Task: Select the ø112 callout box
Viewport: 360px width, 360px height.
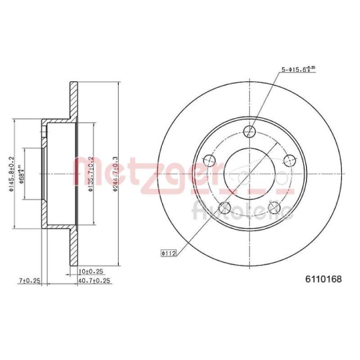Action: (x=170, y=253)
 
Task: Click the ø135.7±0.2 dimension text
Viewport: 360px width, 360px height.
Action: (x=89, y=173)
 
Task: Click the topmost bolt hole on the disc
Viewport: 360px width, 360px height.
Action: (x=250, y=132)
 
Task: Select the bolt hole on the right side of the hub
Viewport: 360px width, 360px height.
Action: (x=290, y=160)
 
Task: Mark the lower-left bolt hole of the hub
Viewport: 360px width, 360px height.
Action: (x=225, y=208)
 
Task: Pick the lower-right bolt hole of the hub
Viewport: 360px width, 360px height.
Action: (x=274, y=208)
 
